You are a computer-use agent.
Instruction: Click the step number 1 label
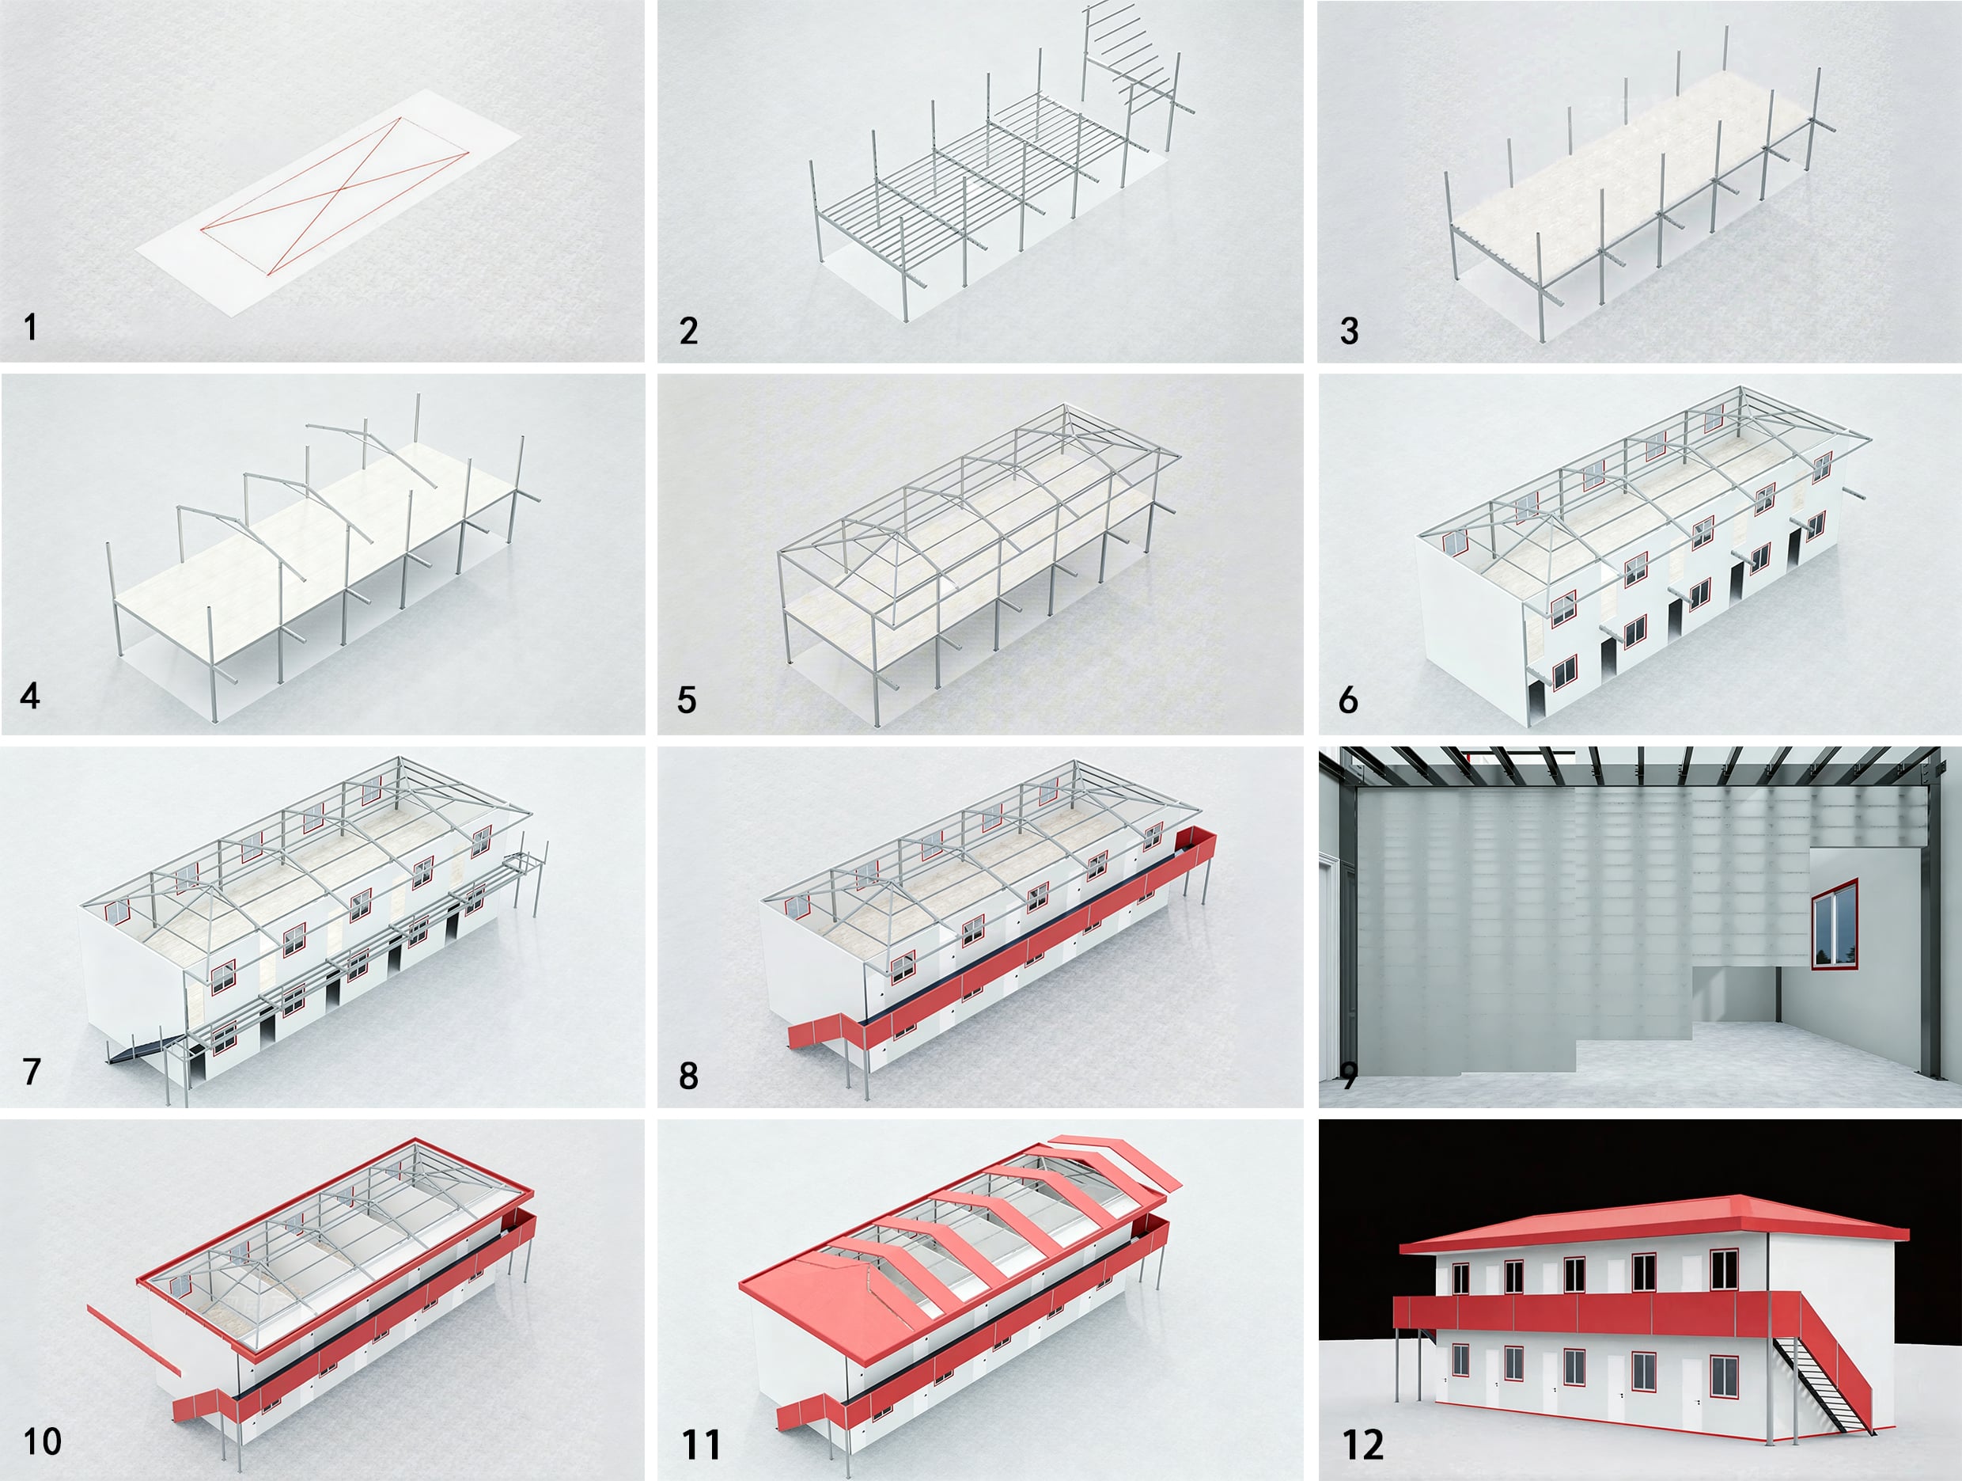pyautogui.click(x=31, y=328)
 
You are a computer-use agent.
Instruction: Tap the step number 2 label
pyautogui.click(x=688, y=331)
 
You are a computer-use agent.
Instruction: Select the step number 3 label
pyautogui.click(x=1349, y=331)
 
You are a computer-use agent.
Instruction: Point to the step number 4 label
pyautogui.click(x=30, y=696)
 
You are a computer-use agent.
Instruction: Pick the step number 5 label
pyautogui.click(x=687, y=700)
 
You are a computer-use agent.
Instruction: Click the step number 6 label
pyautogui.click(x=1348, y=700)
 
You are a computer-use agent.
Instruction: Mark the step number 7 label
pyautogui.click(x=32, y=1072)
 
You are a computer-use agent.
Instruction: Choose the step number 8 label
pyautogui.click(x=688, y=1076)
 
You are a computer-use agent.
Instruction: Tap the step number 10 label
pyautogui.click(x=42, y=1442)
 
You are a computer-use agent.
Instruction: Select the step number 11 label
pyautogui.click(x=701, y=1445)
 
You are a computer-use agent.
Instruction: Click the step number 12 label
pyautogui.click(x=1363, y=1445)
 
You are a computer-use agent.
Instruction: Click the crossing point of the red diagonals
pyautogui.click(x=332, y=192)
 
